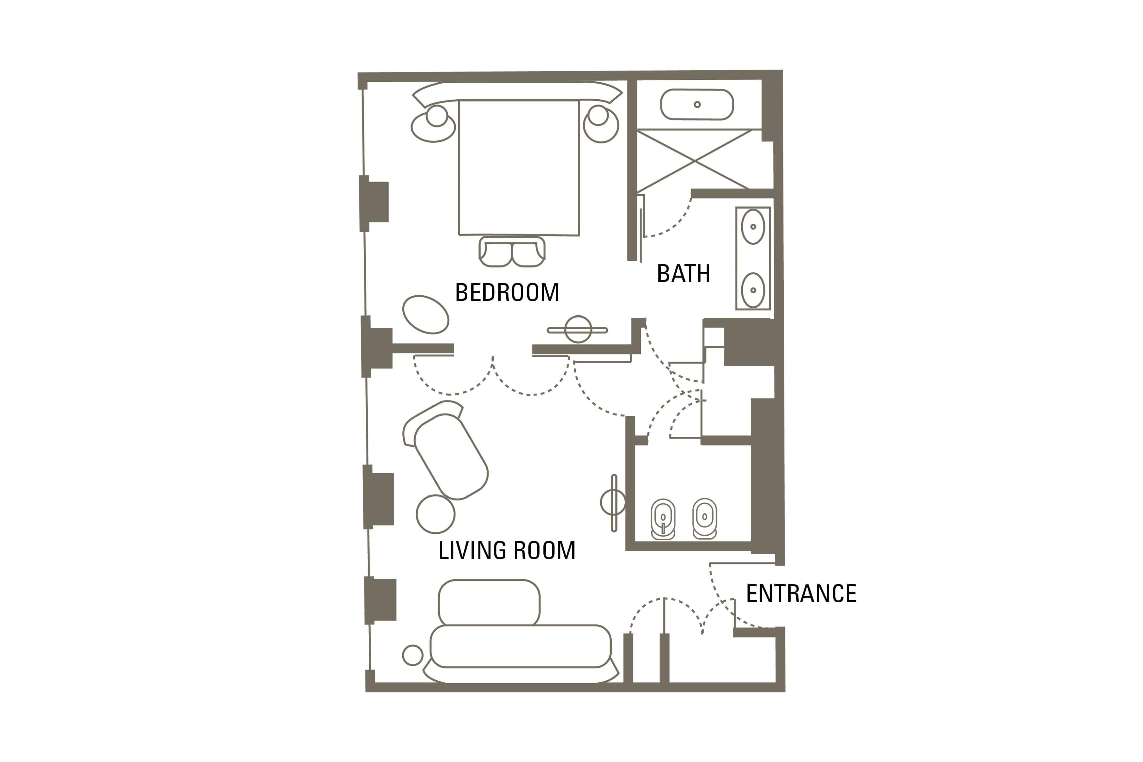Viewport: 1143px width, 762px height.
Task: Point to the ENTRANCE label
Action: (801, 593)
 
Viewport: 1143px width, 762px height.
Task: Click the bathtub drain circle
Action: (697, 105)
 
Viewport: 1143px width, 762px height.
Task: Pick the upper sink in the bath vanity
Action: (753, 226)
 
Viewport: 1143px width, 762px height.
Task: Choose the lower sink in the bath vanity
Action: (753, 290)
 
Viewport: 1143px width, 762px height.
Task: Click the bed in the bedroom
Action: (519, 168)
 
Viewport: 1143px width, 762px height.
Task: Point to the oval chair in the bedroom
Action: (426, 315)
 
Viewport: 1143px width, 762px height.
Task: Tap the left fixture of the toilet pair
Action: (663, 519)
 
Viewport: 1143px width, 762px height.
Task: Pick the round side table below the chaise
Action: (435, 514)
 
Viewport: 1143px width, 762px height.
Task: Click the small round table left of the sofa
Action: (413, 655)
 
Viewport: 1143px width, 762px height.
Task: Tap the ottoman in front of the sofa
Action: (489, 603)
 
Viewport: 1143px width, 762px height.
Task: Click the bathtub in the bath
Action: (697, 105)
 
